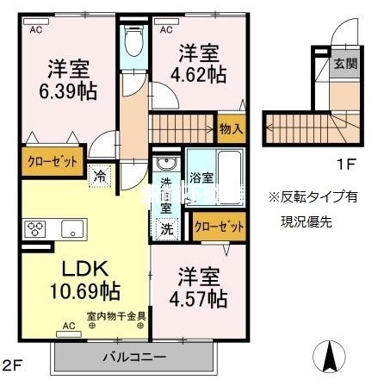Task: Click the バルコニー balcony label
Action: (132, 354)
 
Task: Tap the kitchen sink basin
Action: (71, 229)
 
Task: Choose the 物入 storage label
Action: (232, 128)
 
